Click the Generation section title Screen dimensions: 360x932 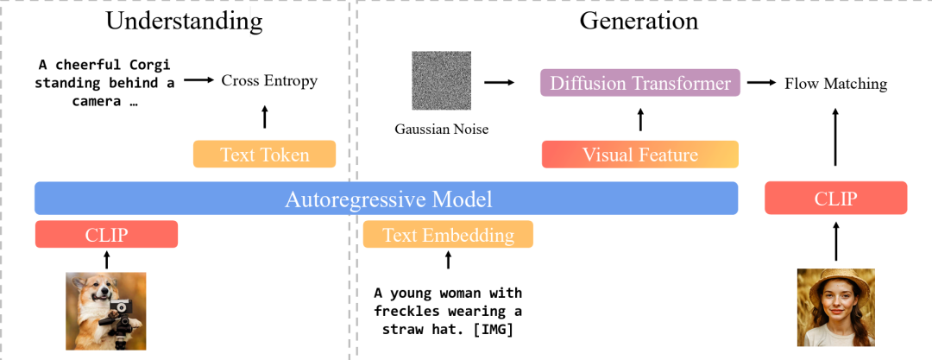pos(639,21)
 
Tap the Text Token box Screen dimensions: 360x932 pos(263,155)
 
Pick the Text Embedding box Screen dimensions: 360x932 pos(448,235)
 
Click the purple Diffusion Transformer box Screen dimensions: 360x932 pos(640,84)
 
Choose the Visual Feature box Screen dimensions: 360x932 pos(640,155)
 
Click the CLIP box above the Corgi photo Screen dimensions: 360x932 pos(106,235)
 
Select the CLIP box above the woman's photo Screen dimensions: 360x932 pos(836,198)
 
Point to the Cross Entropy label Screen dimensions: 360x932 pos(269,81)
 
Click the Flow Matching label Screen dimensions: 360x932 pos(835,84)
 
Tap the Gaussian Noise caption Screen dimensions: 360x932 pos(442,129)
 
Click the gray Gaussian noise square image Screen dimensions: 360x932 pos(440,80)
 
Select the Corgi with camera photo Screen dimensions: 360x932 pos(104,313)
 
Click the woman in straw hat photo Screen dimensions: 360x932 pos(835,306)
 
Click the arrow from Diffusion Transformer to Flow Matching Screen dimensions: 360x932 pos(760,83)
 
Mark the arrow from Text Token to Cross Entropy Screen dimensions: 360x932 pos(265,117)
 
